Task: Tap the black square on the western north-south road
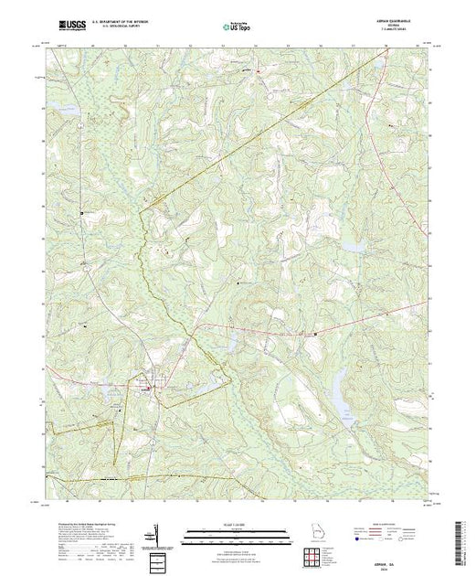[81, 213]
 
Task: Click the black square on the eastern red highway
[316, 334]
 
